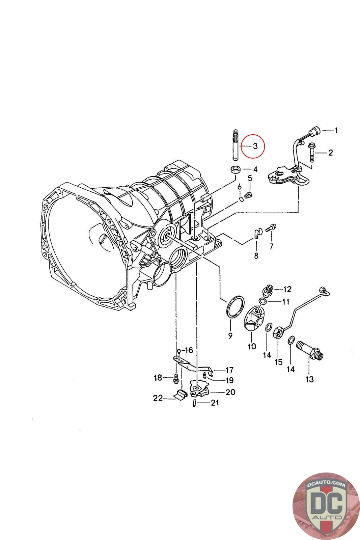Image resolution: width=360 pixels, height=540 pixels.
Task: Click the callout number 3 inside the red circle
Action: pyautogui.click(x=255, y=146)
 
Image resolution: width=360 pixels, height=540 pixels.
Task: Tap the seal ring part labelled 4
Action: pyautogui.click(x=235, y=169)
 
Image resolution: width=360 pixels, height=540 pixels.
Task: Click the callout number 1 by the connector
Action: pyautogui.click(x=336, y=130)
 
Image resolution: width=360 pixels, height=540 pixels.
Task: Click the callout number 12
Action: pyautogui.click(x=287, y=289)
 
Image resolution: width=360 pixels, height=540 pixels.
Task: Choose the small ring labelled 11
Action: pyautogui.click(x=262, y=301)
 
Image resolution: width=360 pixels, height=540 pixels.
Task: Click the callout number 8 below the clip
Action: pyautogui.click(x=256, y=255)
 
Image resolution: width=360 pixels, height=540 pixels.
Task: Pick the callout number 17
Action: pyautogui.click(x=229, y=370)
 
